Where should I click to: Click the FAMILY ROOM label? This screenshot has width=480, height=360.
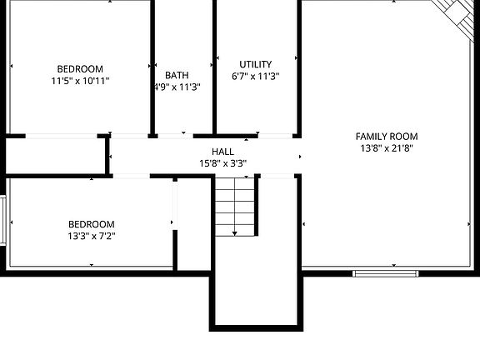tap(387, 137)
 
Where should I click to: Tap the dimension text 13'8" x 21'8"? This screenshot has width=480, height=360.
tap(387, 148)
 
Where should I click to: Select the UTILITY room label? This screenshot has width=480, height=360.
tap(255, 64)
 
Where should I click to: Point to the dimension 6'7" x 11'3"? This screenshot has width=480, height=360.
tap(255, 76)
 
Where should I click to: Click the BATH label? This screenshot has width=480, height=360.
tap(177, 75)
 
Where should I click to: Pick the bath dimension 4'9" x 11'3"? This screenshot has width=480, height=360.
tap(177, 87)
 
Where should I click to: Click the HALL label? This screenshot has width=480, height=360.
tap(222, 152)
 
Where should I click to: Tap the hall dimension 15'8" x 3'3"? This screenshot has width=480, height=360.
tap(222, 163)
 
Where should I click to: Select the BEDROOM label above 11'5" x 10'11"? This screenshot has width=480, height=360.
tap(80, 69)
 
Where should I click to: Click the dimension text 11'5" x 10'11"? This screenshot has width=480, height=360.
tap(80, 81)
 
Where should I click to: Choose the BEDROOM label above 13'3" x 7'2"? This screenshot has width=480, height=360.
tap(91, 224)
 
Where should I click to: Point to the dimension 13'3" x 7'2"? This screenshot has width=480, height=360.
tap(91, 236)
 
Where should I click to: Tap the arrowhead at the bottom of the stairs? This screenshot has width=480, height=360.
tap(235, 232)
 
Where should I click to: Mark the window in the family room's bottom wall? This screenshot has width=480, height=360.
tap(385, 272)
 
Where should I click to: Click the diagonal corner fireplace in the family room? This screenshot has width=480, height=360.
tap(457, 12)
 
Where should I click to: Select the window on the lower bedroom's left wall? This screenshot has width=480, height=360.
tap(4, 221)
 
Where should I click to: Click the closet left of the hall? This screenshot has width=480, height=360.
tap(57, 156)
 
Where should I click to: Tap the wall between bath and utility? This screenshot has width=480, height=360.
tap(214, 67)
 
